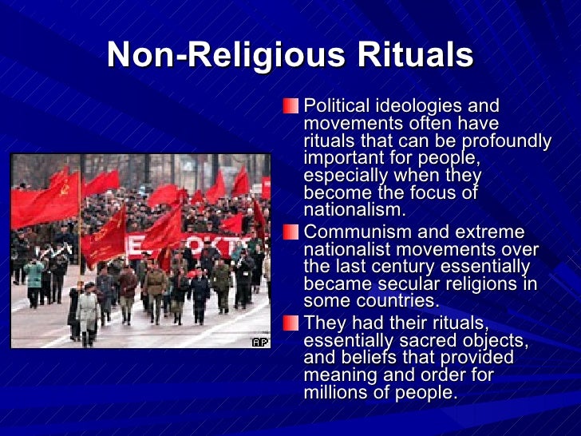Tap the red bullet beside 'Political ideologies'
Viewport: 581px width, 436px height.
click(x=294, y=106)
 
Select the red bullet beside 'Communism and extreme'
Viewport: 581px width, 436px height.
click(x=294, y=232)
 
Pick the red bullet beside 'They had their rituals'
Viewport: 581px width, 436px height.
click(x=294, y=322)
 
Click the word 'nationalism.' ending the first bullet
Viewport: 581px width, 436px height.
click(x=354, y=211)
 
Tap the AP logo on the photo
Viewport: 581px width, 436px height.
click(x=260, y=342)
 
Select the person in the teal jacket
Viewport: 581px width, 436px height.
click(x=34, y=275)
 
